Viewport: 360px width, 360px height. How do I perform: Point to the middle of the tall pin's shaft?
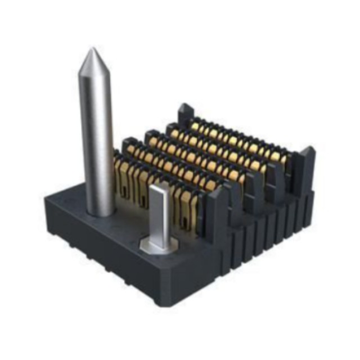97,135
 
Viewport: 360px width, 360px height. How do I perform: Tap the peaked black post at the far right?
307,163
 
